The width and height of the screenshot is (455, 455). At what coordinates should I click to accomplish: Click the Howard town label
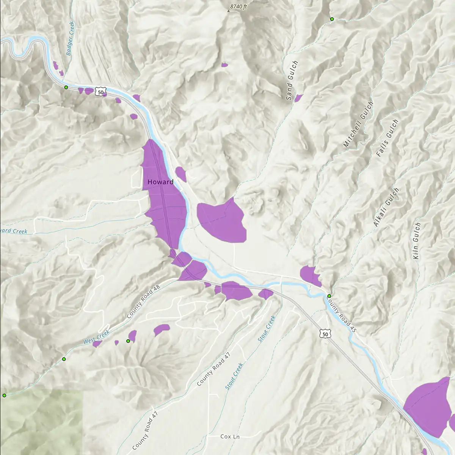tap(160, 182)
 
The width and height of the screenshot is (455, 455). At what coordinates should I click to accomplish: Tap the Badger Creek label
tap(71, 39)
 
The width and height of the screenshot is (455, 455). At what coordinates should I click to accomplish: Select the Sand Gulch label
tap(292, 80)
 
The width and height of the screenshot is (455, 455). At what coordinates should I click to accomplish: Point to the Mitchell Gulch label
tap(358, 124)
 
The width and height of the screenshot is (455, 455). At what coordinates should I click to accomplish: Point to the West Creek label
tap(96, 337)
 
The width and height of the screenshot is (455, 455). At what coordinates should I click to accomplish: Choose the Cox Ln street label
tap(230, 437)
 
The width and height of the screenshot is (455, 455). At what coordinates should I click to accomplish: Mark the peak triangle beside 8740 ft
tap(228, 11)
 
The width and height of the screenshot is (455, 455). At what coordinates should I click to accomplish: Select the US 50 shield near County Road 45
tap(324, 334)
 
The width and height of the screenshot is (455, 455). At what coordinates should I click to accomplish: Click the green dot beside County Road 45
tap(329, 296)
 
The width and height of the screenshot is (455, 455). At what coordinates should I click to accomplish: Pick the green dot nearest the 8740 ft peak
tap(332, 19)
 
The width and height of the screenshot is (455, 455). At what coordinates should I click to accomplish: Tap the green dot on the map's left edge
tap(5, 395)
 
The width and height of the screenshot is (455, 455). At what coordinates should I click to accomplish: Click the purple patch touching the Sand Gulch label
tap(298, 98)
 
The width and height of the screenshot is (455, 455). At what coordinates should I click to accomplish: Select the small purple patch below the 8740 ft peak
tap(224, 65)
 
